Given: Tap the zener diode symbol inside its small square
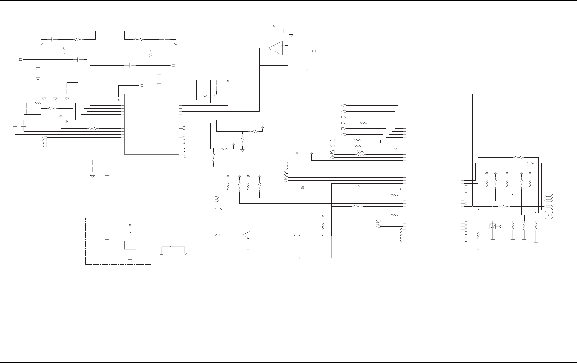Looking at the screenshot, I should click(x=492, y=226).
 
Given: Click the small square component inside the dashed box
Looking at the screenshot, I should click(x=130, y=245).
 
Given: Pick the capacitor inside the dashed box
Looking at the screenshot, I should click(x=116, y=232).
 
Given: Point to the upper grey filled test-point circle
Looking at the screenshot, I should click(x=297, y=153).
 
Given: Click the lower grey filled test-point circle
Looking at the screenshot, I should click(x=303, y=188).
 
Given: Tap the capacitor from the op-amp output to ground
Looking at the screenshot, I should click(x=306, y=59).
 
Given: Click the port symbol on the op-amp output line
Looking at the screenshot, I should click(x=314, y=51).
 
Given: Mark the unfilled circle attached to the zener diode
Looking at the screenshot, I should click(x=500, y=226).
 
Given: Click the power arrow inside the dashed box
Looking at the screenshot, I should click(x=130, y=225).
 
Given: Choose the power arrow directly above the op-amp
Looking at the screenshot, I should click(x=274, y=26).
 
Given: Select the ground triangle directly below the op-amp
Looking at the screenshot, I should click(x=274, y=61).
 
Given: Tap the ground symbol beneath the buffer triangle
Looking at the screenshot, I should click(x=248, y=249).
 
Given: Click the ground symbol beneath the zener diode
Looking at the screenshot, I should click(x=492, y=240).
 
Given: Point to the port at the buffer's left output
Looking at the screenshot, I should click(x=217, y=235).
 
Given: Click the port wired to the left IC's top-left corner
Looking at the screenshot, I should click(x=141, y=86).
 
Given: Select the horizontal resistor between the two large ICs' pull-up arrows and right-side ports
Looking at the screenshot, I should click(x=504, y=206).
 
